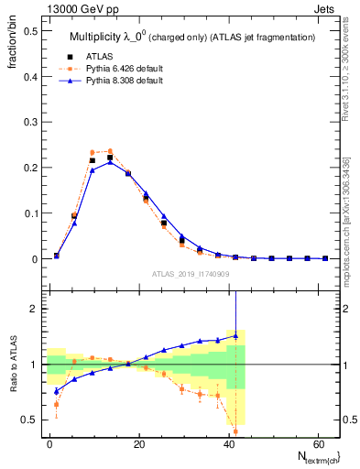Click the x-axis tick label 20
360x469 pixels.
pyautogui.click(x=139, y=443)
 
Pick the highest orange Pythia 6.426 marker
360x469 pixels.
pyautogui.click(x=110, y=151)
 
